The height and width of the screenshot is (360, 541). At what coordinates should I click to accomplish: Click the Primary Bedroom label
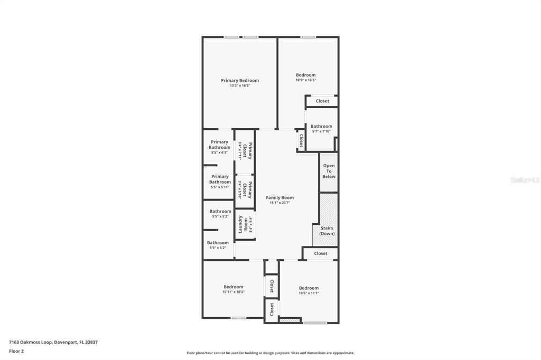[x=240, y=81]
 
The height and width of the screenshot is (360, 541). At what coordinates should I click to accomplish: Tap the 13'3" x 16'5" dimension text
[x=240, y=86]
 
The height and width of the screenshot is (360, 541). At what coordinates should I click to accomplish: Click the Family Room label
[x=279, y=197]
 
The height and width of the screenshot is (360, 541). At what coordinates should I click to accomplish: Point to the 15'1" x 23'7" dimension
[x=279, y=203]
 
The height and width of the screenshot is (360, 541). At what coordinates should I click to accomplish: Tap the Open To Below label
[x=329, y=171]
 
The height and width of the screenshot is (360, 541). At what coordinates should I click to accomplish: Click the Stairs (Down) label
[x=327, y=231]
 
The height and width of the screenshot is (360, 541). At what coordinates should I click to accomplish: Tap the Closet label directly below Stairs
[x=321, y=253]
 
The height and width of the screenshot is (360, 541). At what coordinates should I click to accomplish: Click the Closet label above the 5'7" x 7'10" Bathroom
[x=322, y=101]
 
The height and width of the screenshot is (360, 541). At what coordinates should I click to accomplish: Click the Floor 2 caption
[x=16, y=351]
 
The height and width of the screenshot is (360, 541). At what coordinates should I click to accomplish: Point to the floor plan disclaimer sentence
[x=270, y=353]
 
